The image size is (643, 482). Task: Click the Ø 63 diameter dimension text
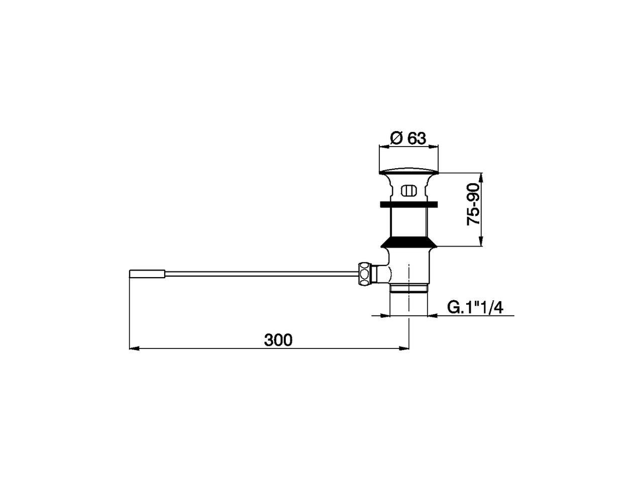(408, 138)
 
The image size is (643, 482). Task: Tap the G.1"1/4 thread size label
(475, 307)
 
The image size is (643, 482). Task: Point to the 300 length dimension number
(278, 340)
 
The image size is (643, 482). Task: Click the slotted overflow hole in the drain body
(408, 191)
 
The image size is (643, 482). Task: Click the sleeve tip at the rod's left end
(147, 274)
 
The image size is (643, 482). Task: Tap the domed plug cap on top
(408, 172)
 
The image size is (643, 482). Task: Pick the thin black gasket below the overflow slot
(408, 204)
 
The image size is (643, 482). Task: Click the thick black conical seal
(408, 243)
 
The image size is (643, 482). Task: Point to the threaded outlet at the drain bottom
(409, 288)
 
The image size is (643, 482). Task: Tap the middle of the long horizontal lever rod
(261, 274)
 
